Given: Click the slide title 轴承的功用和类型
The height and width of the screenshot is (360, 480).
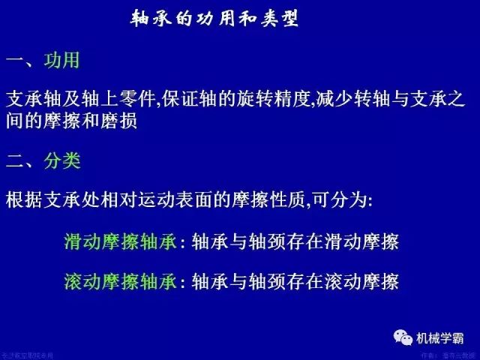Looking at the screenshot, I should pyautogui.click(x=214, y=19).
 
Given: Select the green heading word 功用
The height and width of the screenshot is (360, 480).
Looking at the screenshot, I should pyautogui.click(x=61, y=60).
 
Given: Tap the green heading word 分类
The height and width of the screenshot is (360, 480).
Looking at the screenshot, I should pyautogui.click(x=61, y=160).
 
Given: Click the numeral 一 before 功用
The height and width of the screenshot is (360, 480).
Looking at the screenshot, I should pyautogui.click(x=16, y=61).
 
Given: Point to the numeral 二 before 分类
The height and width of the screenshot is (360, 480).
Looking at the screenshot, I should pyautogui.click(x=16, y=161).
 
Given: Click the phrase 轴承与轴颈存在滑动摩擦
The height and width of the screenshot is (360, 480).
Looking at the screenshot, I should pyautogui.click(x=295, y=241).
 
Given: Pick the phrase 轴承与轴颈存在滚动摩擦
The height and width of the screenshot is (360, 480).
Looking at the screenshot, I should pyautogui.click(x=295, y=281).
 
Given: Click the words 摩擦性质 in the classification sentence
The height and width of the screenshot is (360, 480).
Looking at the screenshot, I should pyautogui.click(x=285, y=201).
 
